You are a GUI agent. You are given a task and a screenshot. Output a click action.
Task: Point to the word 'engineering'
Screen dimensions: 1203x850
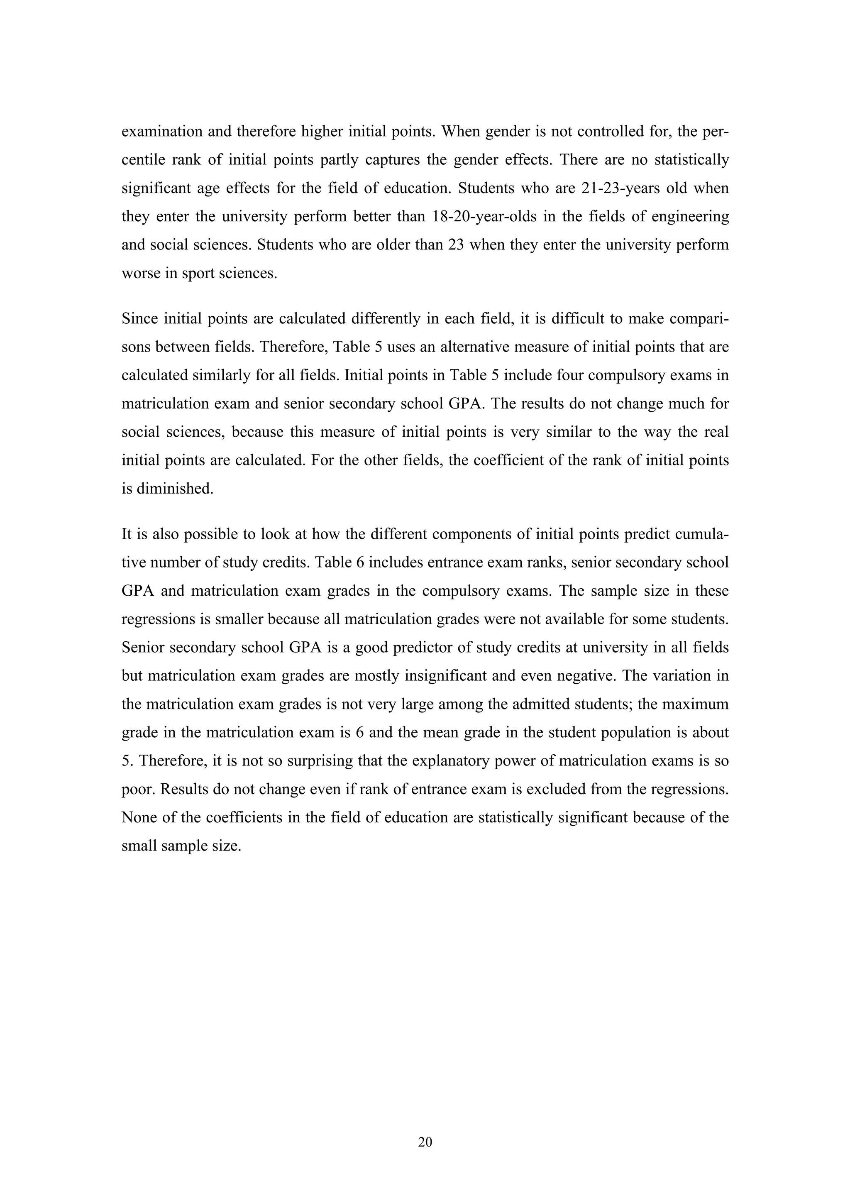point(690,216)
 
